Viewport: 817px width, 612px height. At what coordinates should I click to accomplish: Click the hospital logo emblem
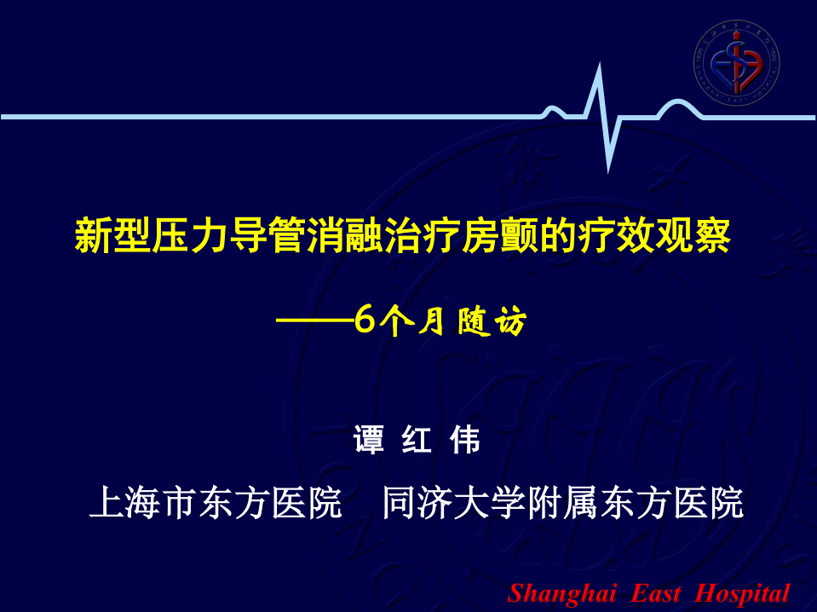(x=736, y=63)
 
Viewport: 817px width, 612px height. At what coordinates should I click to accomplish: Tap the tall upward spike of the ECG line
(x=599, y=89)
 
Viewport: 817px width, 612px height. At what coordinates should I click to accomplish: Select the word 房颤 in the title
(x=498, y=236)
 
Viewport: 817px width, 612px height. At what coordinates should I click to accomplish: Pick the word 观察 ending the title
(x=692, y=236)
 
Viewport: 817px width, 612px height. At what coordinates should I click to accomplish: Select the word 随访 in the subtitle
(x=492, y=320)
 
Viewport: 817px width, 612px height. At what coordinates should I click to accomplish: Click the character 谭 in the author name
(x=369, y=440)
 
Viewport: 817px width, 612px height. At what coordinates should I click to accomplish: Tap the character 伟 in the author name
(x=465, y=440)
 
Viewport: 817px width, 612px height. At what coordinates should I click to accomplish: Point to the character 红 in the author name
(x=417, y=440)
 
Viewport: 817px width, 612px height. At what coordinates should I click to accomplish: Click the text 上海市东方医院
(x=216, y=503)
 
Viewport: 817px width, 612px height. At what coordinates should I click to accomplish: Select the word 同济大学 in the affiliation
(x=454, y=503)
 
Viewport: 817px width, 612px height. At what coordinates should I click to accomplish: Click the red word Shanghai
(x=561, y=593)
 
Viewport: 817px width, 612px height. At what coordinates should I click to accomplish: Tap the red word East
(x=655, y=592)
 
